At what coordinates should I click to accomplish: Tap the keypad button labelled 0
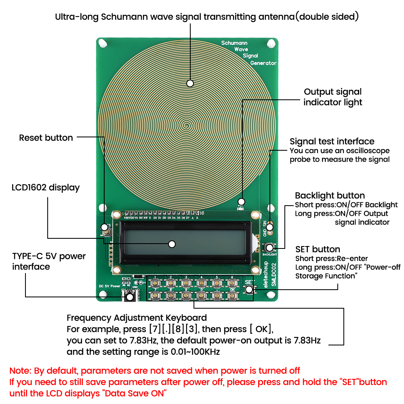[x=201, y=295]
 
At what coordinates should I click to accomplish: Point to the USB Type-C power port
[x=130, y=297]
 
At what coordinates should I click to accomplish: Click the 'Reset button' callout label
[x=46, y=138]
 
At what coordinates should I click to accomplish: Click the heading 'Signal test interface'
[x=332, y=141]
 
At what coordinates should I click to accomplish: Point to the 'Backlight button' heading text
[x=330, y=196]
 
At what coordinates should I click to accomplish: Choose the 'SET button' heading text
[x=318, y=249]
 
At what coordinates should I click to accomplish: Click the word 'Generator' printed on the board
[x=263, y=63]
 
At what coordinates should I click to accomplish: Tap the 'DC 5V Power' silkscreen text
[x=109, y=286]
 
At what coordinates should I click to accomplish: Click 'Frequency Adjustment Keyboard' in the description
[x=137, y=318]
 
